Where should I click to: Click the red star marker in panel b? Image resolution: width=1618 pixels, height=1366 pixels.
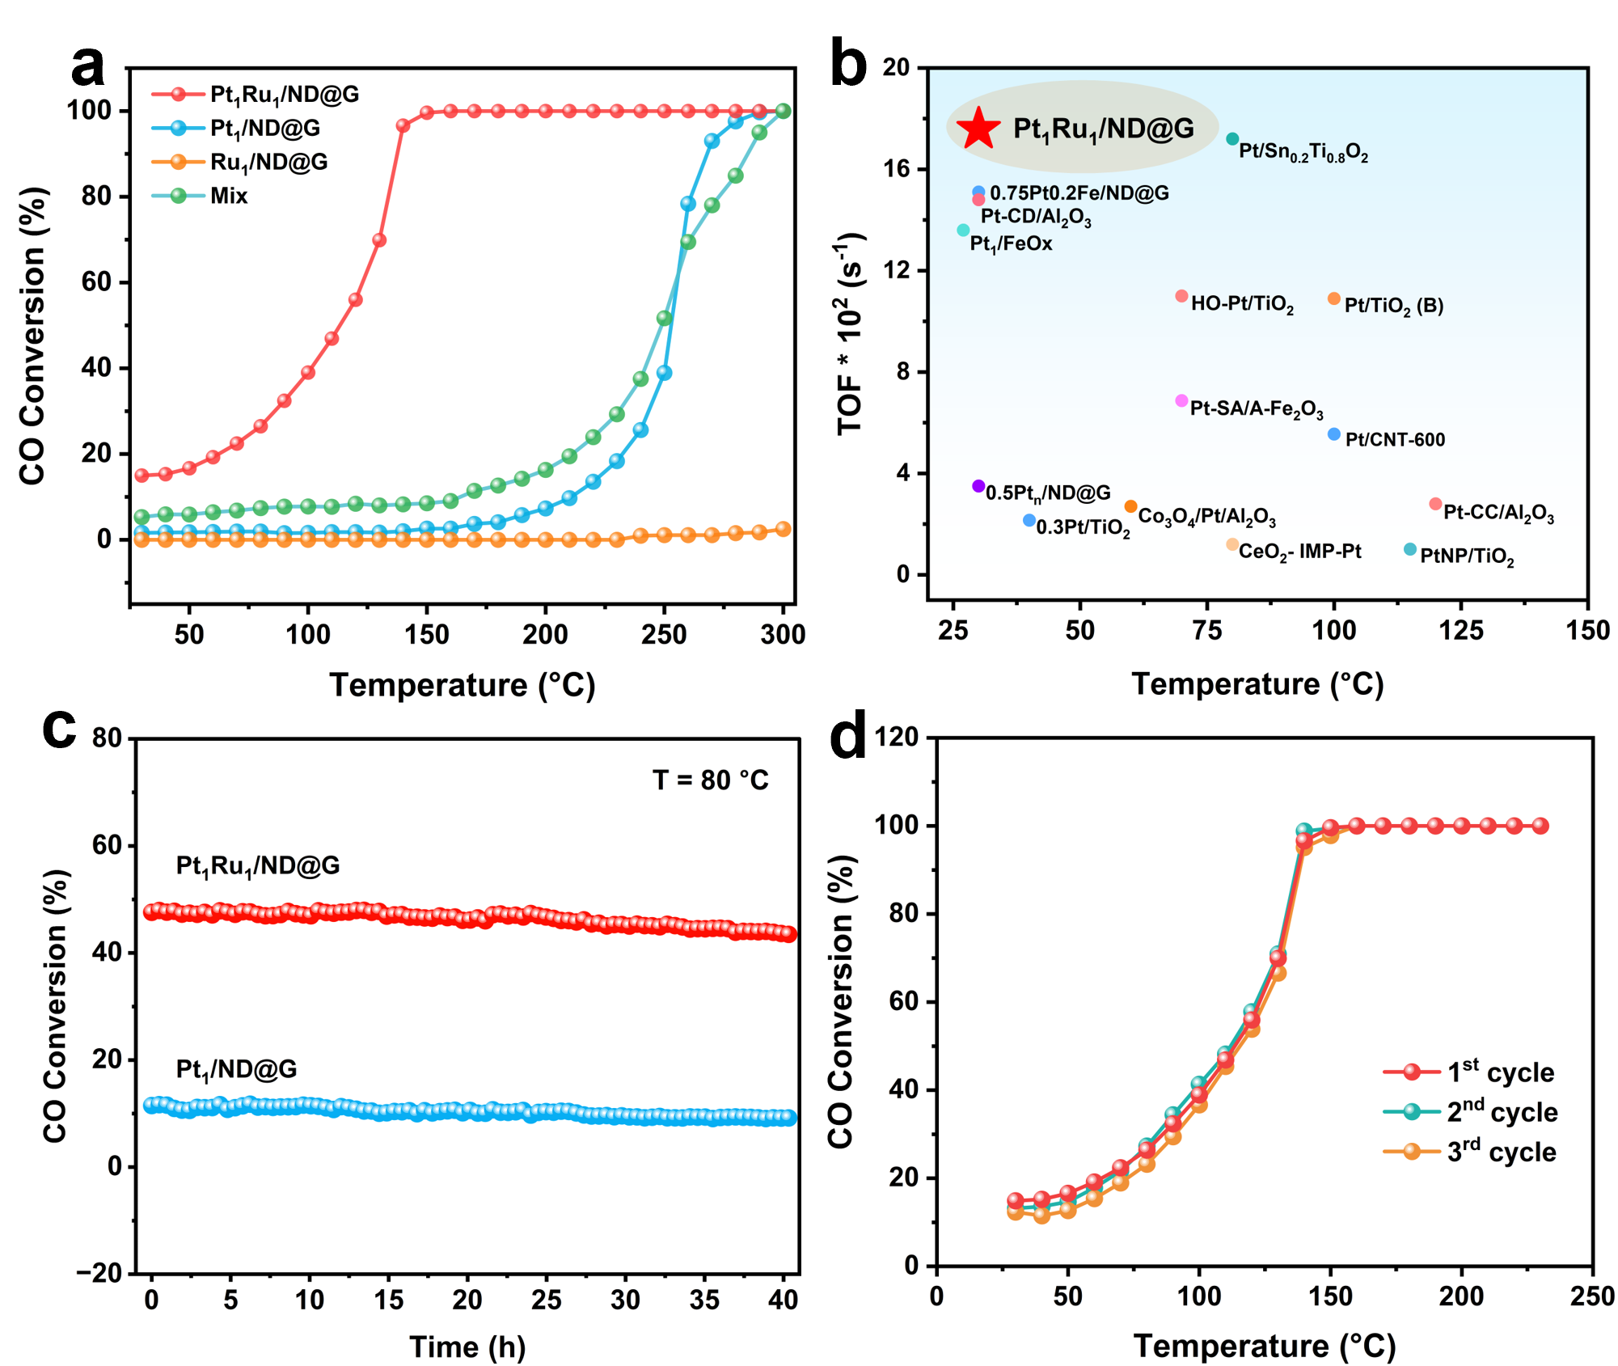point(978,128)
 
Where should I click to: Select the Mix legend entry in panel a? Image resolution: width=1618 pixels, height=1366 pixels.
point(228,197)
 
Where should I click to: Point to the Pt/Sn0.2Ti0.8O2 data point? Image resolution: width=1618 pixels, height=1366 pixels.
point(1232,139)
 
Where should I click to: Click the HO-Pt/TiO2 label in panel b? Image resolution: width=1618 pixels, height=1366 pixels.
point(1242,304)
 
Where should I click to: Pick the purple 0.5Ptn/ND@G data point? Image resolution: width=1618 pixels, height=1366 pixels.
point(978,486)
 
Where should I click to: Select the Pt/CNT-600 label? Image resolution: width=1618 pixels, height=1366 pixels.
point(1395,440)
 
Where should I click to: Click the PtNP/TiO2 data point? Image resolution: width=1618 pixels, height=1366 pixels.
point(1410,550)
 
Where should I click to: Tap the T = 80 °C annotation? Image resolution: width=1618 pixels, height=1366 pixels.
point(710,780)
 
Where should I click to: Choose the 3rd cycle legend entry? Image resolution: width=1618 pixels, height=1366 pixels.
point(1501,1152)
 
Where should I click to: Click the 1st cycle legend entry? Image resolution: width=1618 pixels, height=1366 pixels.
point(1500,1072)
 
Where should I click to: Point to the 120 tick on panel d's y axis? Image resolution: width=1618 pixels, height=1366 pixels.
point(897,737)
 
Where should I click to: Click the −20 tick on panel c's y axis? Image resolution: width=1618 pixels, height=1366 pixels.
point(99,1274)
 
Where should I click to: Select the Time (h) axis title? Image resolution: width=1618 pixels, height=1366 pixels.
point(467,1347)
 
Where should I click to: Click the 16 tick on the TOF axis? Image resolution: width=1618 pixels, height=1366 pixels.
point(896,168)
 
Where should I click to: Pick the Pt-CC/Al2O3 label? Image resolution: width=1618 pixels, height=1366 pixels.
point(1498,513)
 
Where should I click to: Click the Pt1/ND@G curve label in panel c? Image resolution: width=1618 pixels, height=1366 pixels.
point(236,1070)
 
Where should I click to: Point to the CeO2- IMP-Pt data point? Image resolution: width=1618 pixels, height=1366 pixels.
point(1232,544)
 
